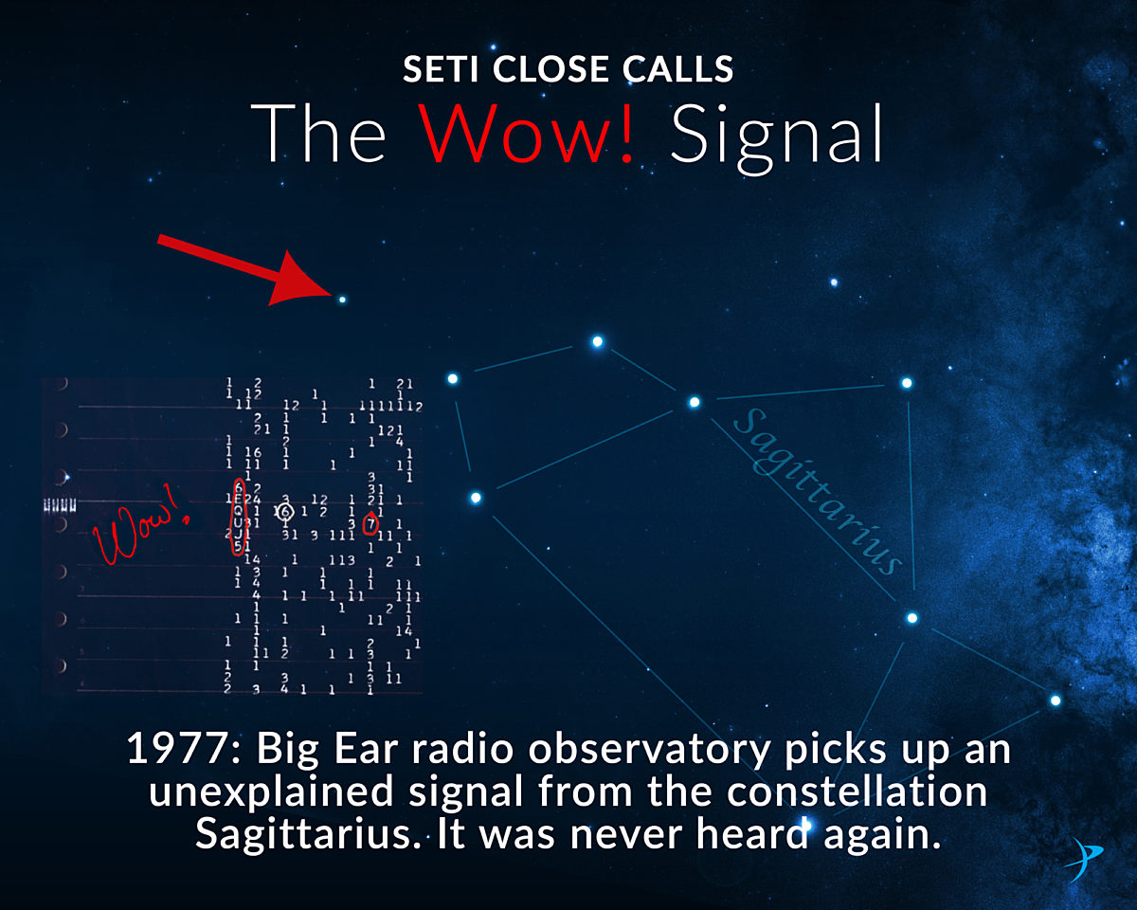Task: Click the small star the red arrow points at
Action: point(342,300)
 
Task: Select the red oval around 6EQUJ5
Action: point(238,517)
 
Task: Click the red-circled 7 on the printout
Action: point(371,523)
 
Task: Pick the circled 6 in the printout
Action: point(285,512)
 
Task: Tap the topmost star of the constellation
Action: point(598,341)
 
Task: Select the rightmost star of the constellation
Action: point(1055,701)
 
